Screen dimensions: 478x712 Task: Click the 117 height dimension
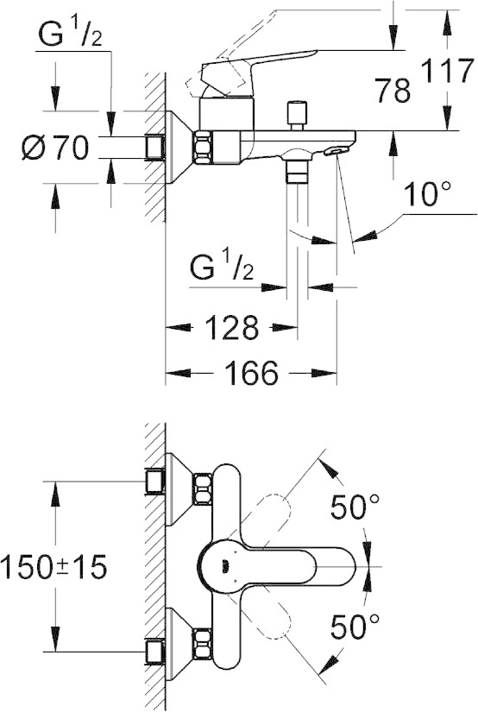click(x=447, y=71)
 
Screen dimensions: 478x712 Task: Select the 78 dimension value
click(x=393, y=90)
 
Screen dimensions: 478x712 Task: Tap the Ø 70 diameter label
click(x=55, y=148)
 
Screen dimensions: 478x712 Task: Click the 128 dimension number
click(x=232, y=327)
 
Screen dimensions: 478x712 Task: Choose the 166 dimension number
click(x=251, y=373)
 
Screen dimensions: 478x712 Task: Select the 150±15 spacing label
click(x=53, y=567)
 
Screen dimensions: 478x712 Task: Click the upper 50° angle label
click(x=355, y=507)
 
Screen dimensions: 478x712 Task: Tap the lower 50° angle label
click(x=355, y=627)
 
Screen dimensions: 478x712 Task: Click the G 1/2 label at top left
click(x=70, y=35)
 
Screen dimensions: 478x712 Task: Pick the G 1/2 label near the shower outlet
click(x=222, y=268)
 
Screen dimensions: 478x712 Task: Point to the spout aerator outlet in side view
click(x=336, y=151)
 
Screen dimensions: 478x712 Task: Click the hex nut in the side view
click(x=204, y=147)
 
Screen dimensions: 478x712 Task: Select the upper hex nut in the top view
click(x=203, y=488)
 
